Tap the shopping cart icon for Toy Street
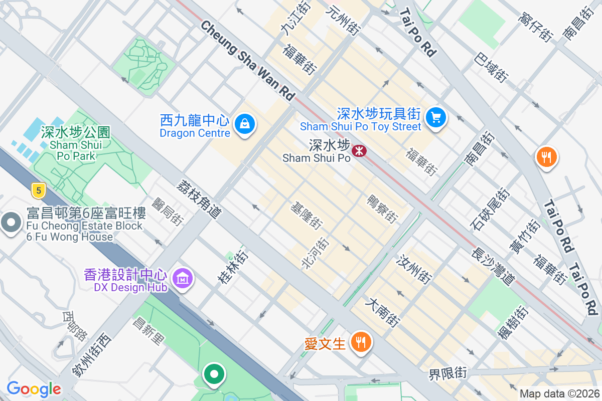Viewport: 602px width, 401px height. pyautogui.click(x=435, y=118)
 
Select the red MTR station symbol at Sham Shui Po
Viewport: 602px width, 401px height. pyautogui.click(x=359, y=150)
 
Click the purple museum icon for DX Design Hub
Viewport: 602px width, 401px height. pyautogui.click(x=182, y=278)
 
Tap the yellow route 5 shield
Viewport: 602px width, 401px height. pyautogui.click(x=38, y=190)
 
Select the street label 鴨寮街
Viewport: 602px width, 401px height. pyautogui.click(x=382, y=208)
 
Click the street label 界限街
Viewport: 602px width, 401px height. pyautogui.click(x=447, y=373)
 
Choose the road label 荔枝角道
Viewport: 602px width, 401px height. pyautogui.click(x=199, y=199)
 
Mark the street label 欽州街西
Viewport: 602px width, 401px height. pyautogui.click(x=91, y=355)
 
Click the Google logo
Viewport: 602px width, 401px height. pyautogui.click(x=34, y=389)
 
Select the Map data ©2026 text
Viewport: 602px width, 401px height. pyautogui.click(x=559, y=394)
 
